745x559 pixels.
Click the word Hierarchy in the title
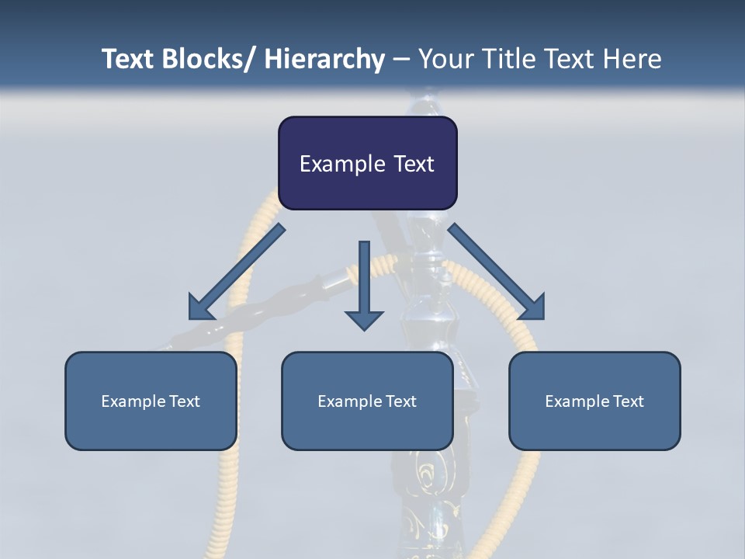click(324, 59)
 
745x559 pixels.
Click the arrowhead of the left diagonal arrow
click(199, 309)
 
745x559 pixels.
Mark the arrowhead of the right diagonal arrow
click(533, 308)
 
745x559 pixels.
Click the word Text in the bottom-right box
click(628, 401)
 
